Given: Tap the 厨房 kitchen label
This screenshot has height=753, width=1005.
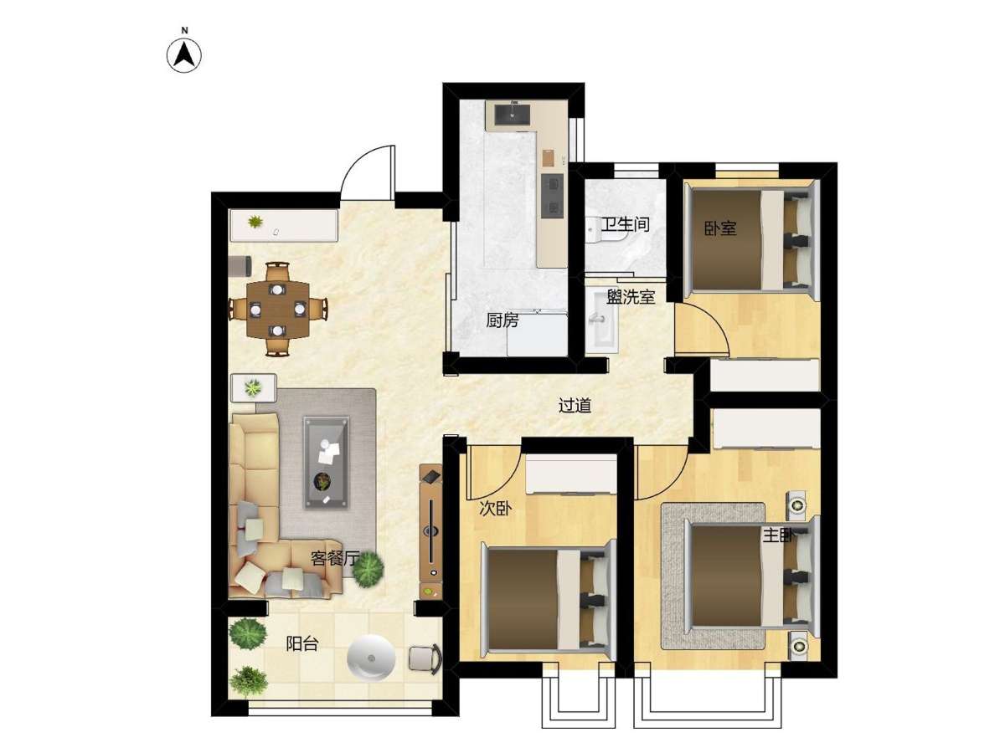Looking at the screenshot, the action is [x=502, y=320].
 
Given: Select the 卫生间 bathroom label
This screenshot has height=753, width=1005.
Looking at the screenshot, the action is [x=625, y=224].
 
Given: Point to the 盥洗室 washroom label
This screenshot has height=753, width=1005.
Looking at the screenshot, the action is [x=631, y=297].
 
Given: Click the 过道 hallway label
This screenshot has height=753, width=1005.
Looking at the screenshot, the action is [x=575, y=405].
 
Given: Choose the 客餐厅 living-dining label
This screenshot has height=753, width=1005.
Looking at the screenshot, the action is [x=334, y=558].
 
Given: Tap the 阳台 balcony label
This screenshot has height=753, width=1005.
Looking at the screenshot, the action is [x=301, y=643].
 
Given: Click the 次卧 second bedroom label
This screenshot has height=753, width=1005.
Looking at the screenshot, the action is [x=496, y=508].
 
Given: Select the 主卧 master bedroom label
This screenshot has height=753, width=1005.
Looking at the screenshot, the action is [x=778, y=535].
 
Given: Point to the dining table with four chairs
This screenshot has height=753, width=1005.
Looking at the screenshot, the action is [x=277, y=310].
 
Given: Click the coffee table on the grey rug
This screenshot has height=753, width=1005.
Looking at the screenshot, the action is [x=326, y=463].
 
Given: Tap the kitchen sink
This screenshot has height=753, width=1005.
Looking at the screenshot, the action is [x=513, y=115].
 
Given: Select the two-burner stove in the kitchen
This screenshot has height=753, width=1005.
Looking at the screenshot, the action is [x=552, y=196].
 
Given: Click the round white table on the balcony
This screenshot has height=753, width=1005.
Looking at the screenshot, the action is [x=371, y=658].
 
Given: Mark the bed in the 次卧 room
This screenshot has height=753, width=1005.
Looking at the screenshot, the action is [x=549, y=600].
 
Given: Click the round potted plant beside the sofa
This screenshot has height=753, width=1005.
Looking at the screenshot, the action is [x=368, y=569].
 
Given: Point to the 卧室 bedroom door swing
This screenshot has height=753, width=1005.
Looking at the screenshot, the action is [x=702, y=327].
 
